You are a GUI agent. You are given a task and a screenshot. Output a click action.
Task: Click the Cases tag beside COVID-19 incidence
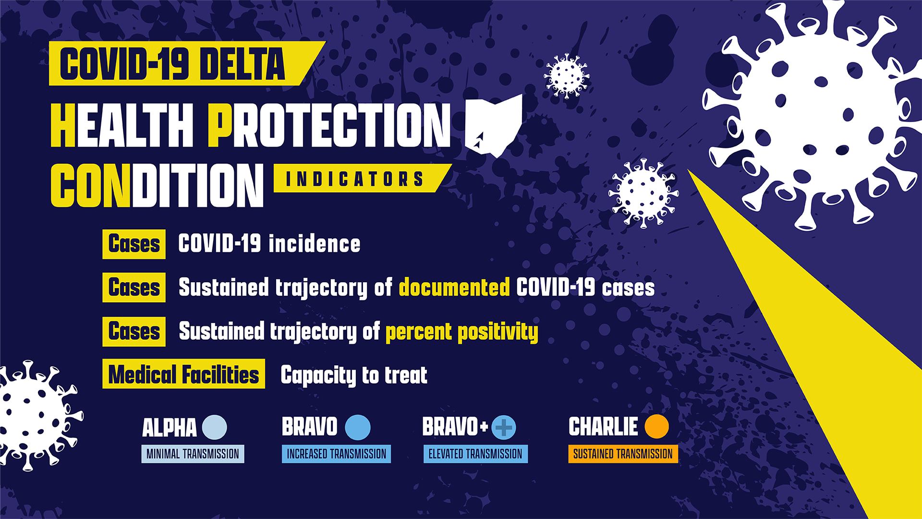[134, 244]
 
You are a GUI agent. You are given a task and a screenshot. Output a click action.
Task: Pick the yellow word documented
[454, 287]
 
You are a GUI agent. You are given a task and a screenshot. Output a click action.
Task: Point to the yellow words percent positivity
[461, 332]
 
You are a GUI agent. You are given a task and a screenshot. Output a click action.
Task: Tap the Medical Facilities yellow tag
[183, 374]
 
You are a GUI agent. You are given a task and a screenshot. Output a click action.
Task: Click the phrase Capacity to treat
[354, 375]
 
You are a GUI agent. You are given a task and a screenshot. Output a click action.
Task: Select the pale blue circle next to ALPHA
[214, 427]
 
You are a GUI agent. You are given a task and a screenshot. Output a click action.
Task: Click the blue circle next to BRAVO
[358, 427]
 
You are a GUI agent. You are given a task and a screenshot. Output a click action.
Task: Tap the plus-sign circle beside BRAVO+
[504, 427]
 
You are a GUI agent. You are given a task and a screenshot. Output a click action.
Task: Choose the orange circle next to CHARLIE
[656, 426]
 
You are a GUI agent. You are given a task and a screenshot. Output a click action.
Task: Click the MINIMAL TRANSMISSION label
[193, 454]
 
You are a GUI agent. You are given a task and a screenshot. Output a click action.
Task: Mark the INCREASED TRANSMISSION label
[336, 454]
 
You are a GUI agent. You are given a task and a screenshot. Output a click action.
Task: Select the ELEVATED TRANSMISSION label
[475, 454]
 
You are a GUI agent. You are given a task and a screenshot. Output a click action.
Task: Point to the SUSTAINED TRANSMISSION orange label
[623, 454]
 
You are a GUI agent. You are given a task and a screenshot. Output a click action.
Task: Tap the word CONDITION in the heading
[157, 185]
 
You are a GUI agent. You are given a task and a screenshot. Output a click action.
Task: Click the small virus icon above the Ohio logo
[567, 76]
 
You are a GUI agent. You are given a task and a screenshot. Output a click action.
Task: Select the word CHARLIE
[603, 427]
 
